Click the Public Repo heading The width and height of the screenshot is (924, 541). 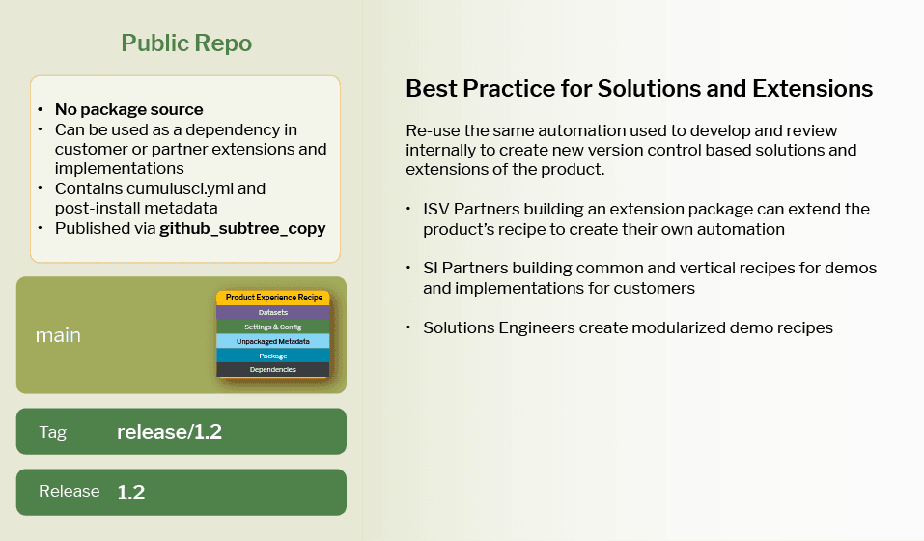[186, 43]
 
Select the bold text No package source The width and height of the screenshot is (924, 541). [128, 110]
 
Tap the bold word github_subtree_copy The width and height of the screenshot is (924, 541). [242, 228]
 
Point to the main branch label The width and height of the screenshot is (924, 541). [58, 336]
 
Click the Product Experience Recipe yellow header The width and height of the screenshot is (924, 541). [273, 298]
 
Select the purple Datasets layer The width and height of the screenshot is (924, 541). [273, 313]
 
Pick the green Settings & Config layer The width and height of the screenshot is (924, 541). [273, 327]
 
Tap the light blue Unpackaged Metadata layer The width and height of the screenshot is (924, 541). [273, 342]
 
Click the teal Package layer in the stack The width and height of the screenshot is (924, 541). [273, 356]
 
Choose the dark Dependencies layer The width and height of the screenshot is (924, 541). [273, 370]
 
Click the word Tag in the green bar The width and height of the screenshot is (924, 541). [53, 432]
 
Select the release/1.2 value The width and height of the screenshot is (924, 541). [169, 432]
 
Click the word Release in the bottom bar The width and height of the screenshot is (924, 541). [69, 492]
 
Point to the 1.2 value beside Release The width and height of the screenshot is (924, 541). [130, 493]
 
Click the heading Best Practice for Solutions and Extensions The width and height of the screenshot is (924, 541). [639, 89]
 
